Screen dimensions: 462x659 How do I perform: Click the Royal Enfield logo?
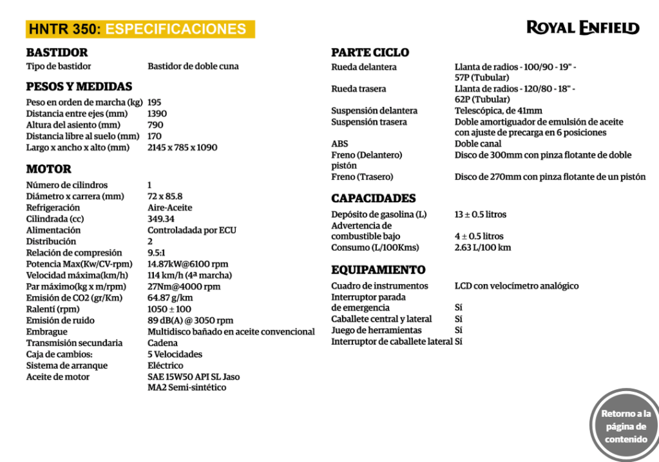point(582,28)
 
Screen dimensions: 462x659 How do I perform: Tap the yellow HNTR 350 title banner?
point(140,29)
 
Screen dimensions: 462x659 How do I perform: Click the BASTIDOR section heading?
point(57,52)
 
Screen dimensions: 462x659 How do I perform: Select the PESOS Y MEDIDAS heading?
point(79,86)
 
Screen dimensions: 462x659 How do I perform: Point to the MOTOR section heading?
point(48,169)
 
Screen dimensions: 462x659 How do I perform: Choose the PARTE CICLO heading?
point(370,52)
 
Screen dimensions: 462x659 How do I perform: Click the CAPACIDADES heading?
point(373,198)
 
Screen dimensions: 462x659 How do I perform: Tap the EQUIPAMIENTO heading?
point(378,269)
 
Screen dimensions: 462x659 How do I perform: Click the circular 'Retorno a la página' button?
point(625,425)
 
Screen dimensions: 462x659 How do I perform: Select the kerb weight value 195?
point(155,102)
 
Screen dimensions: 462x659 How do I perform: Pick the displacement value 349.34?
point(161,218)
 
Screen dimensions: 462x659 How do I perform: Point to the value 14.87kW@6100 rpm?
point(187,264)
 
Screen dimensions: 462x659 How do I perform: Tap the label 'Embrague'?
point(47,331)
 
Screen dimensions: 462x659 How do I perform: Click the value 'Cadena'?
point(162,343)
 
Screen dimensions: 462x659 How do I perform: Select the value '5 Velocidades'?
point(175,354)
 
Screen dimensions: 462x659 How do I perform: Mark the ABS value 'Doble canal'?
point(479,144)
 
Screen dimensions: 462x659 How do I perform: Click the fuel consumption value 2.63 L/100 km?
point(482,247)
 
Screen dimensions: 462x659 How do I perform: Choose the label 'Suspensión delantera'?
point(374,111)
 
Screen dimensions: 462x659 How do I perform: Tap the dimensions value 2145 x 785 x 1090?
point(182,147)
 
